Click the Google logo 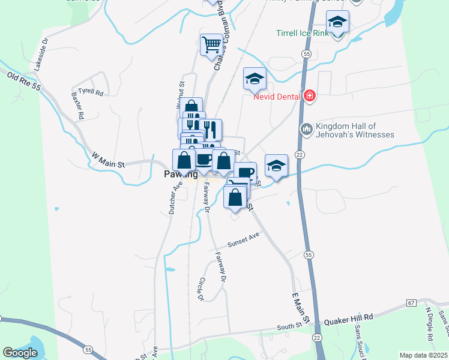tap(20, 353)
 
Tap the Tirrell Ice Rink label tap(303, 34)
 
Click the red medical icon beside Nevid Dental tap(309, 96)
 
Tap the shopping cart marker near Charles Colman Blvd tap(211, 44)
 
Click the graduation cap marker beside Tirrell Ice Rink tap(338, 23)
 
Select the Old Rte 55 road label tap(24, 82)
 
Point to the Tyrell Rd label tap(91, 93)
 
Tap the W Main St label tap(107, 160)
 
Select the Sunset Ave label tap(243, 241)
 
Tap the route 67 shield tap(411, 303)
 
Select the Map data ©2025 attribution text tap(423, 355)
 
